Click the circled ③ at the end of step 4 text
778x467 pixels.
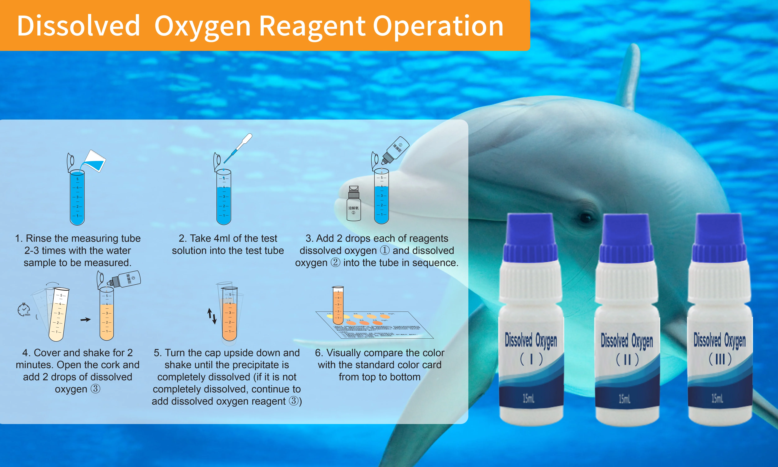click(95, 389)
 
